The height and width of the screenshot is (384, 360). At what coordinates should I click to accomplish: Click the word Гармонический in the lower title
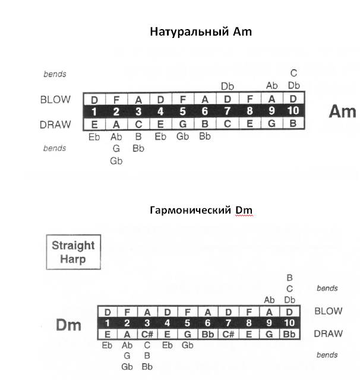coord(190,210)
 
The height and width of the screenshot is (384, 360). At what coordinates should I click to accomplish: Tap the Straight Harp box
coord(73,252)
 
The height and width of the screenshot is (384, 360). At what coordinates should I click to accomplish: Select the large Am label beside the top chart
coord(342,112)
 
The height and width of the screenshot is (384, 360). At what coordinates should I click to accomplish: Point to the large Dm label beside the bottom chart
coord(69,325)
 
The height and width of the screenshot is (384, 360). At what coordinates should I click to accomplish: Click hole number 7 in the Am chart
coord(227,111)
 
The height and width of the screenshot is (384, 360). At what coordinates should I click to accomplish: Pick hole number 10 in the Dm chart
coord(289,323)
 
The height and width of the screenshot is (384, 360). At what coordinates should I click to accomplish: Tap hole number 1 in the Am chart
coord(94,112)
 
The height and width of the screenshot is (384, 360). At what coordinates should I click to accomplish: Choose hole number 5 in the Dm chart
coord(188,323)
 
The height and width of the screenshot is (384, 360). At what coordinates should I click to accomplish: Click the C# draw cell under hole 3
coord(147,334)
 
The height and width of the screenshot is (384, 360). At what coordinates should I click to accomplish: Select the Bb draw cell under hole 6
coord(208,334)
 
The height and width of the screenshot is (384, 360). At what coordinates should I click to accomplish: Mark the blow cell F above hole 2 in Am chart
coord(116,100)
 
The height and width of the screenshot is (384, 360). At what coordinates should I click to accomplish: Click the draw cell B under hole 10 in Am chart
coord(293,123)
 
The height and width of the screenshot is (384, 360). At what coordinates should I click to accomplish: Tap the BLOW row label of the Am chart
coord(56,100)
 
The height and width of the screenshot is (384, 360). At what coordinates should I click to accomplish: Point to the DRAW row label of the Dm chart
coord(328,334)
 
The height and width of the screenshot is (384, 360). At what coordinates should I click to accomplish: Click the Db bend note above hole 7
coord(228,86)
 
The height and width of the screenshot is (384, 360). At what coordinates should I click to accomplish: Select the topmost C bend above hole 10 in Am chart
coord(294,73)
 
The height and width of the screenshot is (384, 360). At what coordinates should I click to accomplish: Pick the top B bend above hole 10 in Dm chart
coord(290,278)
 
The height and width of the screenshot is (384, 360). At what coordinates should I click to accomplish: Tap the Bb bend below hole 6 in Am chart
coord(205,136)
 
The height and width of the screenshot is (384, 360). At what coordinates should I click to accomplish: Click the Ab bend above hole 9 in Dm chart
coord(269,300)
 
